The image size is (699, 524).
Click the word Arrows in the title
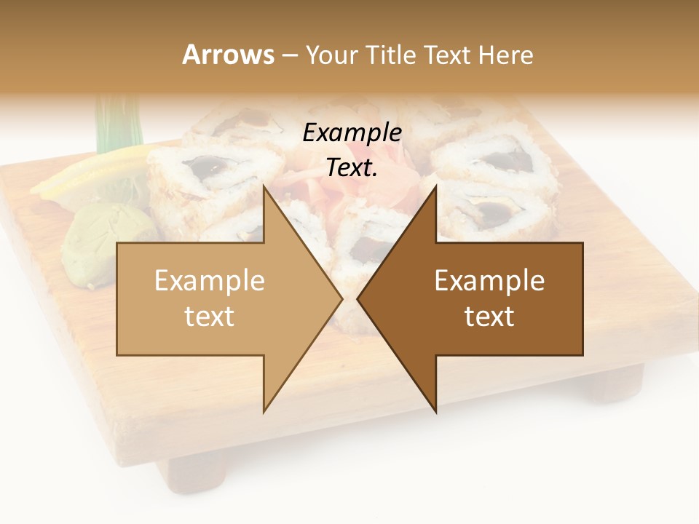[x=228, y=55]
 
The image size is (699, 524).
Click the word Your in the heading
[x=332, y=56]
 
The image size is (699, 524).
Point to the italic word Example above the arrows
[x=352, y=133]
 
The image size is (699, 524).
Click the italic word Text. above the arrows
[x=352, y=168]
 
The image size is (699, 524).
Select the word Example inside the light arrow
[x=209, y=281]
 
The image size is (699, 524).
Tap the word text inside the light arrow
[x=209, y=317]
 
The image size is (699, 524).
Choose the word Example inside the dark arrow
[x=489, y=281]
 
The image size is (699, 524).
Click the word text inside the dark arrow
[x=489, y=317]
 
